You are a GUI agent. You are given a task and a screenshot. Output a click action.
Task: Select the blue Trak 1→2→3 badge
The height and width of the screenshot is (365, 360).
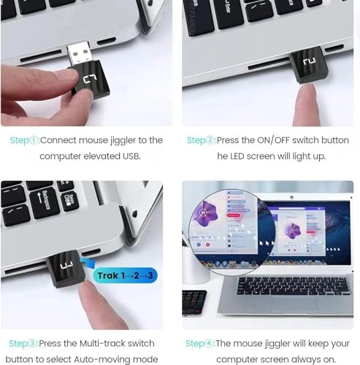(124, 276)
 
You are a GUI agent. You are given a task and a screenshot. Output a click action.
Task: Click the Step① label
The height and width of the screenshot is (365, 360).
(24, 140)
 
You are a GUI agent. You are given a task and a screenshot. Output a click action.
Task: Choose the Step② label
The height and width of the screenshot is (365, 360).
(201, 140)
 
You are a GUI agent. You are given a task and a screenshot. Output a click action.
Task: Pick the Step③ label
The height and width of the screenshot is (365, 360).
(23, 343)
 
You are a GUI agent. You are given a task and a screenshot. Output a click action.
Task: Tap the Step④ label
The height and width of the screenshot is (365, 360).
(200, 343)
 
